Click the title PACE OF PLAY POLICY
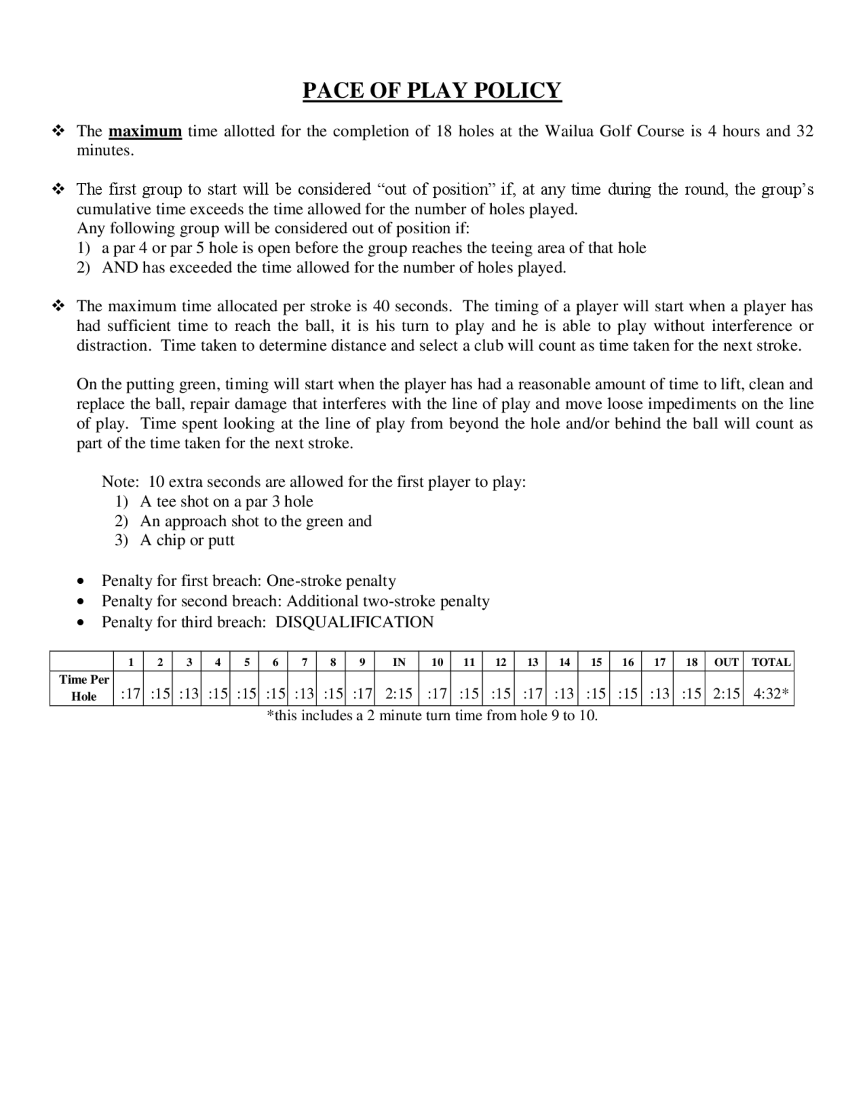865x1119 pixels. point(432,91)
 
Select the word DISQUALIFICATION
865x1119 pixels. point(355,622)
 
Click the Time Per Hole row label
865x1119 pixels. point(83,687)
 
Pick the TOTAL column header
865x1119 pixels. point(771,662)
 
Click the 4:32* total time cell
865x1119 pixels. point(770,694)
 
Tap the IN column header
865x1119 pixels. point(399,662)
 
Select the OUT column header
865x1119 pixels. point(726,662)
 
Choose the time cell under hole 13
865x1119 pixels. point(532,694)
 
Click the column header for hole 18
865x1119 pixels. point(691,662)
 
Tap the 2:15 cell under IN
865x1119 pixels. point(399,694)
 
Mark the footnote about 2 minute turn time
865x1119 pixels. point(432,715)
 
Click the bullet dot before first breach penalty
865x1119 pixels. point(80,582)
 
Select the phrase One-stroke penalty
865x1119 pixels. point(331,581)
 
